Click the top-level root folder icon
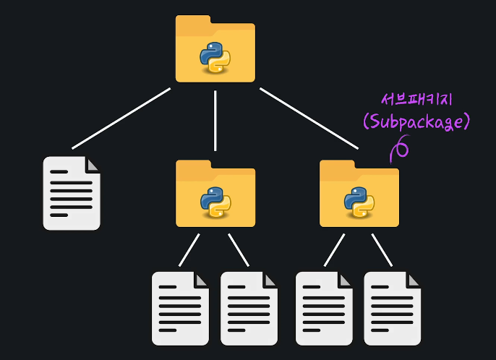pos(215,49)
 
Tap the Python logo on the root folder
pos(215,58)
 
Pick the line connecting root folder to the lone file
pos(121,119)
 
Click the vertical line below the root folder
pos(215,119)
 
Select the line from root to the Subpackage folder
pos(309,119)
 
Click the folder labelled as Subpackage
pos(359,194)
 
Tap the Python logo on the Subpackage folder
pos(359,202)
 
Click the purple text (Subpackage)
pos(416,121)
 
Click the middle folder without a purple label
pos(215,194)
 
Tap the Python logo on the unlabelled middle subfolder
pos(215,202)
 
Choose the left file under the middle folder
pos(180,309)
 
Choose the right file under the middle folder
pos(249,309)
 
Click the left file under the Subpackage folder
pos(325,309)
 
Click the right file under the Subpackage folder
pos(392,309)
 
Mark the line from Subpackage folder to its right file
pos(382,249)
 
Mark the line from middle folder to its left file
pos(189,249)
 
